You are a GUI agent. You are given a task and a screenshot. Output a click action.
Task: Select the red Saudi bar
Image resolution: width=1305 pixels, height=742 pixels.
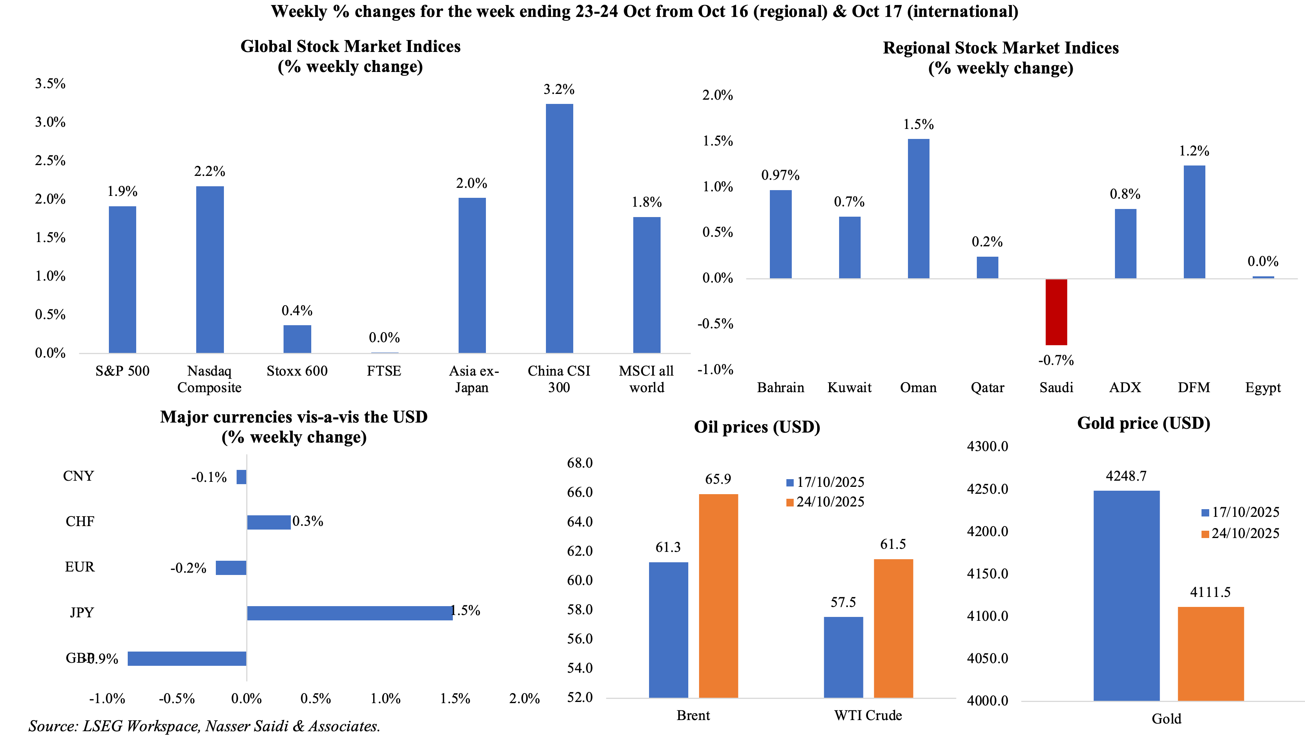coord(1056,312)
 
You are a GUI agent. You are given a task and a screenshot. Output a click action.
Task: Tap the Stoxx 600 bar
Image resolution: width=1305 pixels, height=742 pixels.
coord(297,339)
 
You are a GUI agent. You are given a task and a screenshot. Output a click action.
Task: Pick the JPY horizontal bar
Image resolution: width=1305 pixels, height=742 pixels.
coord(349,613)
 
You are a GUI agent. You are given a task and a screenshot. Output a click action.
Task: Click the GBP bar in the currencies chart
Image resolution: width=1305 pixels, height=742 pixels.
coord(187,658)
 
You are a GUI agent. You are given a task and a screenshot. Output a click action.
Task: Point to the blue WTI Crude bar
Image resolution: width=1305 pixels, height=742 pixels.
coord(843,657)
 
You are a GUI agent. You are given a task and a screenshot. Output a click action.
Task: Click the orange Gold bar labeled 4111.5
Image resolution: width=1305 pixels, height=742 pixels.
coord(1210,653)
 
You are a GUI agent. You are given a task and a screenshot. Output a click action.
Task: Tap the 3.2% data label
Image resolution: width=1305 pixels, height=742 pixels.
coord(559,90)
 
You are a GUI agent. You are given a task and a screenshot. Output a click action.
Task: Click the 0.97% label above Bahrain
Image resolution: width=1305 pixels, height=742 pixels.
coord(780,175)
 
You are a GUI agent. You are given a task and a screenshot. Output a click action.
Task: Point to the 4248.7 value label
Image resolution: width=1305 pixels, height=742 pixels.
coord(1126,476)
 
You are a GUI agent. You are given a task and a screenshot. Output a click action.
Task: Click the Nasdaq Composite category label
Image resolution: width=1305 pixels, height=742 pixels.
coord(209,379)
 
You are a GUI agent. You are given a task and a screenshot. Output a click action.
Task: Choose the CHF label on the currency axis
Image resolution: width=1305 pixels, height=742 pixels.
coord(80,521)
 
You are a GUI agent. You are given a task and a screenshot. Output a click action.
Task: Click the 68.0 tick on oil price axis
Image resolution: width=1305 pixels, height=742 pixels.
coord(580,463)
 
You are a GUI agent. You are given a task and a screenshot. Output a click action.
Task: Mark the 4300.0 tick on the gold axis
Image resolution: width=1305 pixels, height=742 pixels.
coord(987,446)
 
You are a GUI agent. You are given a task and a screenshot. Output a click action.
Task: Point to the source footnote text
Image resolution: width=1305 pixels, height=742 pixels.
coord(204,726)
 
